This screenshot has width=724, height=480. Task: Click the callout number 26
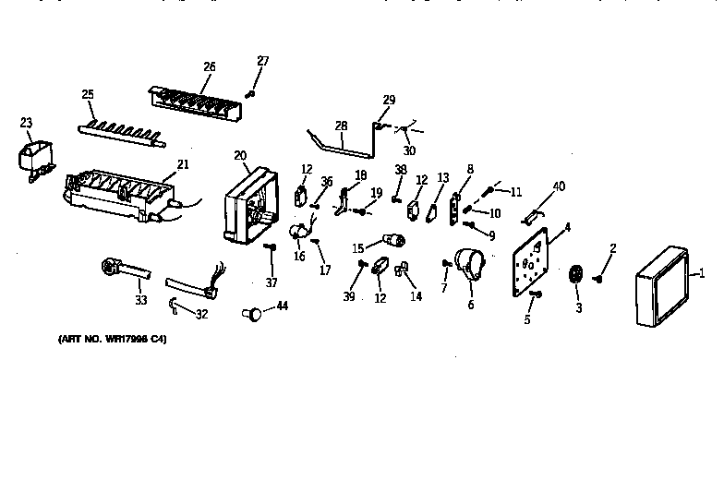(209, 66)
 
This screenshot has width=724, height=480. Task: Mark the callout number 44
(283, 306)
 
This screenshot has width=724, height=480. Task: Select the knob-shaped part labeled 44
(250, 315)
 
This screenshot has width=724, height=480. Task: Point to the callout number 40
(558, 187)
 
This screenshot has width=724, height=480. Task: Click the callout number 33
(140, 299)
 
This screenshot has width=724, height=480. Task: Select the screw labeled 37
(270, 247)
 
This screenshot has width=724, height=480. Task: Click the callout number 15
(357, 248)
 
